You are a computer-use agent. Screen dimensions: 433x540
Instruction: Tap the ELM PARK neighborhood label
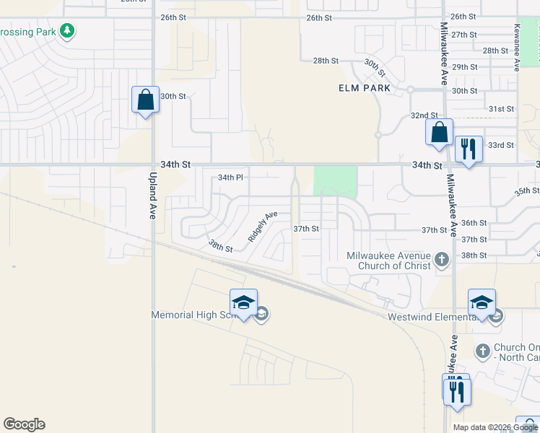(x=365, y=88)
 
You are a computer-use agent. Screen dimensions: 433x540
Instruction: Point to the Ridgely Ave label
(x=263, y=226)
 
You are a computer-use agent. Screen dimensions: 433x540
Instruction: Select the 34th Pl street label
(x=231, y=177)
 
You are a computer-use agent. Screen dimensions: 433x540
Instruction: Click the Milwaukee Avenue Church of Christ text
(x=388, y=261)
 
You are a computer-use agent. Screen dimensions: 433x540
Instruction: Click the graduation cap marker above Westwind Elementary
(x=482, y=302)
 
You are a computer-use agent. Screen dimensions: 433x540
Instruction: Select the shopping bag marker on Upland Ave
(x=145, y=100)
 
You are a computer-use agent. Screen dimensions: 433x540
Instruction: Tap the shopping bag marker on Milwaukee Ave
(x=438, y=132)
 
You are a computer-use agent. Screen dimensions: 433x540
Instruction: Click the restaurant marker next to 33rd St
(x=469, y=150)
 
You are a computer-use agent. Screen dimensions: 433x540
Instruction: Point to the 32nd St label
(x=424, y=115)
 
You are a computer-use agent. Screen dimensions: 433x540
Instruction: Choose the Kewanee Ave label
(x=517, y=48)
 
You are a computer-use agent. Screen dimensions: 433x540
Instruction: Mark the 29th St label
(x=464, y=66)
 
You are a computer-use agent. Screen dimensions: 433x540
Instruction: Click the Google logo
(x=24, y=424)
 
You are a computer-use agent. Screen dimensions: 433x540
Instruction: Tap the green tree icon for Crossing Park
(x=67, y=31)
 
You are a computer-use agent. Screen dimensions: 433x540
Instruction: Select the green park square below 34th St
(x=335, y=181)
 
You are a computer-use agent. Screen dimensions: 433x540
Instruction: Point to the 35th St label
(x=527, y=191)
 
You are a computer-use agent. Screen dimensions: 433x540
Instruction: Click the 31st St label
(x=500, y=109)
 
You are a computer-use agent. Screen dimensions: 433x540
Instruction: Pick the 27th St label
(x=464, y=35)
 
